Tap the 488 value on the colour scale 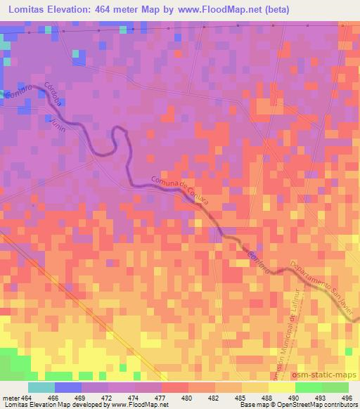tap(256, 397)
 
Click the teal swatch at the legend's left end tap(41, 387)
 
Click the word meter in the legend tap(8, 397)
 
